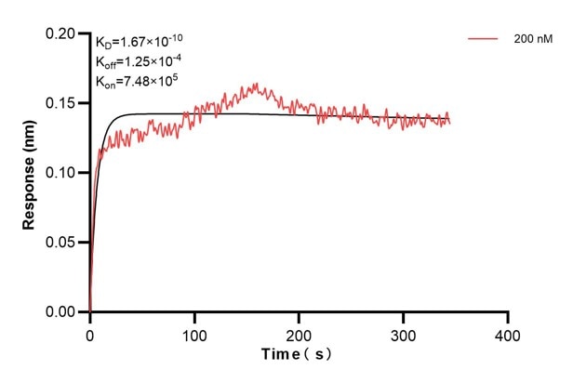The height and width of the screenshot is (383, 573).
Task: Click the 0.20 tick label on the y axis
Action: (61, 33)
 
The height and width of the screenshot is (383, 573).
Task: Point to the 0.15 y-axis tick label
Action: (61, 103)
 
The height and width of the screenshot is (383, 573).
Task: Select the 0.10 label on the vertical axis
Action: (61, 173)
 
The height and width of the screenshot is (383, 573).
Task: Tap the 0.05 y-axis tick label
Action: (61, 243)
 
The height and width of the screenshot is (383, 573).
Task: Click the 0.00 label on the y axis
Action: (61, 312)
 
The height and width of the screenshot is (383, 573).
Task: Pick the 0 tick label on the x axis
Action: (90, 333)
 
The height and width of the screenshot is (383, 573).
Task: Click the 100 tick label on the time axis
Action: (194, 333)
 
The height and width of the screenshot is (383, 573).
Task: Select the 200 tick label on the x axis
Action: (299, 333)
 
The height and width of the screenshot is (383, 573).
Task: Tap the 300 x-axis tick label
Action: (403, 333)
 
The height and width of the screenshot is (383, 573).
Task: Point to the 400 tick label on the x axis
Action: (507, 333)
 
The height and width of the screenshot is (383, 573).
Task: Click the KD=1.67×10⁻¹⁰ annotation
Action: (138, 41)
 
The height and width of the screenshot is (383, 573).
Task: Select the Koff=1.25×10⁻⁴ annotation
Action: (136, 61)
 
